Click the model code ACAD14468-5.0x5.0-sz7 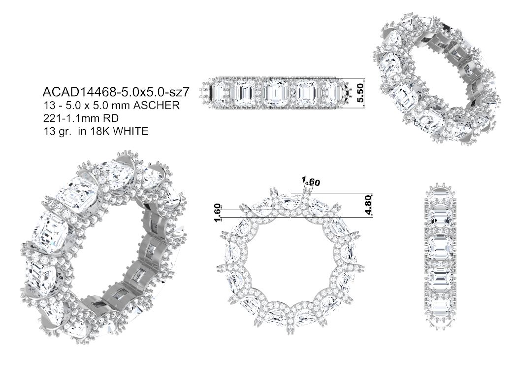coord(116,92)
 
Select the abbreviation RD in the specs coord(112,118)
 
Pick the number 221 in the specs coord(51,118)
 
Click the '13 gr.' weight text coord(59,132)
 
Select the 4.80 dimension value coord(368,205)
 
